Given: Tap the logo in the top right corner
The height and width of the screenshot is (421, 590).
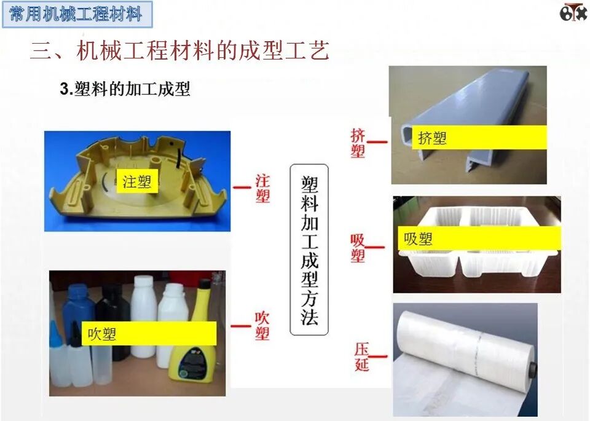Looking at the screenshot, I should pyautogui.click(x=573, y=12).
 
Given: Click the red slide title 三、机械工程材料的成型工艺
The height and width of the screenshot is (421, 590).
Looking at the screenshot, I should pyautogui.click(x=179, y=51).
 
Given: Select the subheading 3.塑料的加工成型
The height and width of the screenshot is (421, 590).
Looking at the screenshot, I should pyautogui.click(x=125, y=89).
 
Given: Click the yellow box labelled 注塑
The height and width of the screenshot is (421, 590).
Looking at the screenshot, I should pyautogui.click(x=136, y=181).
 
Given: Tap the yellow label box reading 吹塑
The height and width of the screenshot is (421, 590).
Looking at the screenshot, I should pyautogui.click(x=149, y=334).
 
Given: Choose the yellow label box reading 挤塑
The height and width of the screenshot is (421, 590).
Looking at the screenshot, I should pyautogui.click(x=480, y=137).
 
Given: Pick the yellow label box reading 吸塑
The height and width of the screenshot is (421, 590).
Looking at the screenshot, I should pyautogui.click(x=479, y=238).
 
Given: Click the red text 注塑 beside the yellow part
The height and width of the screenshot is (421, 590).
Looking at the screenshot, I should pyautogui.click(x=262, y=188).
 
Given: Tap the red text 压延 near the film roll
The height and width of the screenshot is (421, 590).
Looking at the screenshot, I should pyautogui.click(x=361, y=357).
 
